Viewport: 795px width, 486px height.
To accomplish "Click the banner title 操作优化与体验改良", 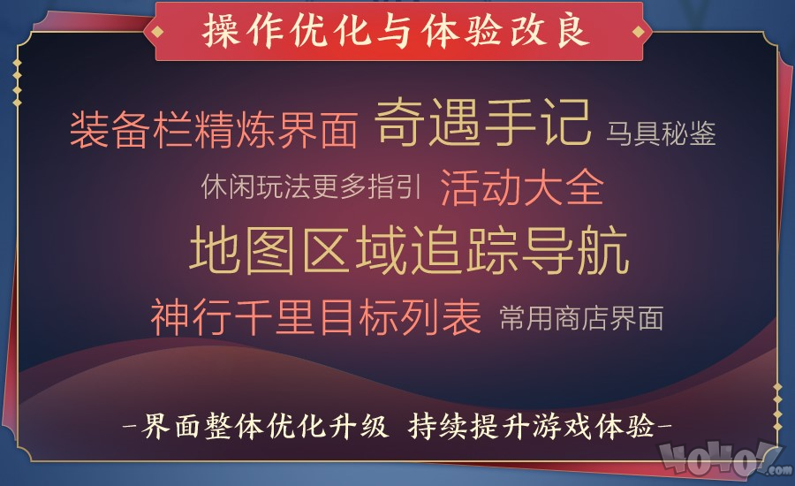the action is pos(396,31).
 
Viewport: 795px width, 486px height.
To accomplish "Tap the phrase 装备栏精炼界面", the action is pos(214,131).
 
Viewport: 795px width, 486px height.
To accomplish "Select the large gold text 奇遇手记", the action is pos(483,123).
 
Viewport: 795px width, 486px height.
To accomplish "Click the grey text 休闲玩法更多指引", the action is pos(311,186).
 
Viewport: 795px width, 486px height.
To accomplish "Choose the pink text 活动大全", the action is pos(522,187).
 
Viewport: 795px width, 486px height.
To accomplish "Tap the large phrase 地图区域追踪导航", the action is pos(409,251).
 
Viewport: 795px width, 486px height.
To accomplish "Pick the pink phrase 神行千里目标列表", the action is pos(315,316).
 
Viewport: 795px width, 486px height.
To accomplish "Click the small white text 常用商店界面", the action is pos(581,318).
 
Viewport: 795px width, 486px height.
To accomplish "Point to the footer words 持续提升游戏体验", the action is pos(532,425).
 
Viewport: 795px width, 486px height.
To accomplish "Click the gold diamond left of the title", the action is pos(158,32).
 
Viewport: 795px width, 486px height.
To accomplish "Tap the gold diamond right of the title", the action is pos(638,32).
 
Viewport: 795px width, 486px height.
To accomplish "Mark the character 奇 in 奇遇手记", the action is pos(400,123).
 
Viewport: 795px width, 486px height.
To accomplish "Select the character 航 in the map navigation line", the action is pos(603,251).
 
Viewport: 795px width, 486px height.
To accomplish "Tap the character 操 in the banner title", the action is pos(221,31).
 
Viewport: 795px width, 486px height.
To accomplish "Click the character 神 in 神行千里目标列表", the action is pos(170,316).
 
